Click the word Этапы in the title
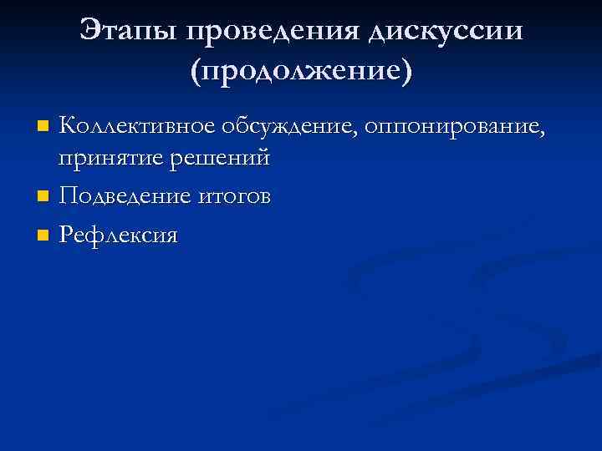[x=130, y=31]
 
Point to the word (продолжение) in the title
[x=301, y=72]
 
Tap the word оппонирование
[x=451, y=127]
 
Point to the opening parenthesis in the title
[x=195, y=72]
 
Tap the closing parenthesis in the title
[x=407, y=72]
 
